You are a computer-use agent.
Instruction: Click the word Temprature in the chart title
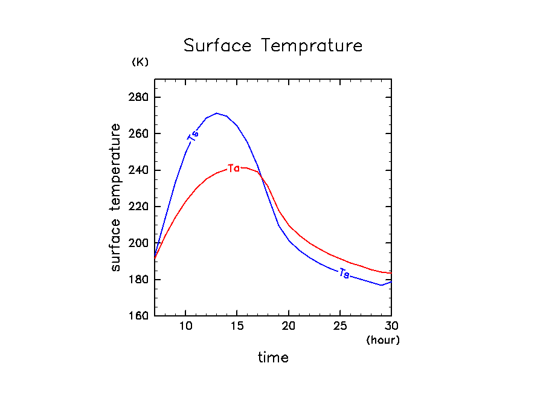coord(312,47)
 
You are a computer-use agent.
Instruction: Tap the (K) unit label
coord(140,62)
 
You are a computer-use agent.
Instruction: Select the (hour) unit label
coord(383,340)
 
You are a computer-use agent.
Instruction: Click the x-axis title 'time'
coord(273,358)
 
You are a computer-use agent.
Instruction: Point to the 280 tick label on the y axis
coord(140,97)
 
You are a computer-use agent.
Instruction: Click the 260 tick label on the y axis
coord(140,133)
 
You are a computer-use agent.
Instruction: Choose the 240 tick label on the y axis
coord(140,170)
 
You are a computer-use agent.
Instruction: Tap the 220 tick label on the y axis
coord(140,207)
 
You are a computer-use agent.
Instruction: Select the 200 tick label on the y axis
coord(140,243)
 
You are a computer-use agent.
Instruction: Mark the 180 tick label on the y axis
coord(140,280)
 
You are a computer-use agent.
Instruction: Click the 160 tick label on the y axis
coord(140,316)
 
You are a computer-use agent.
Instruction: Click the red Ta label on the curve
coord(234,168)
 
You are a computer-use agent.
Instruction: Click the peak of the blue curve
coord(216,113)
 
